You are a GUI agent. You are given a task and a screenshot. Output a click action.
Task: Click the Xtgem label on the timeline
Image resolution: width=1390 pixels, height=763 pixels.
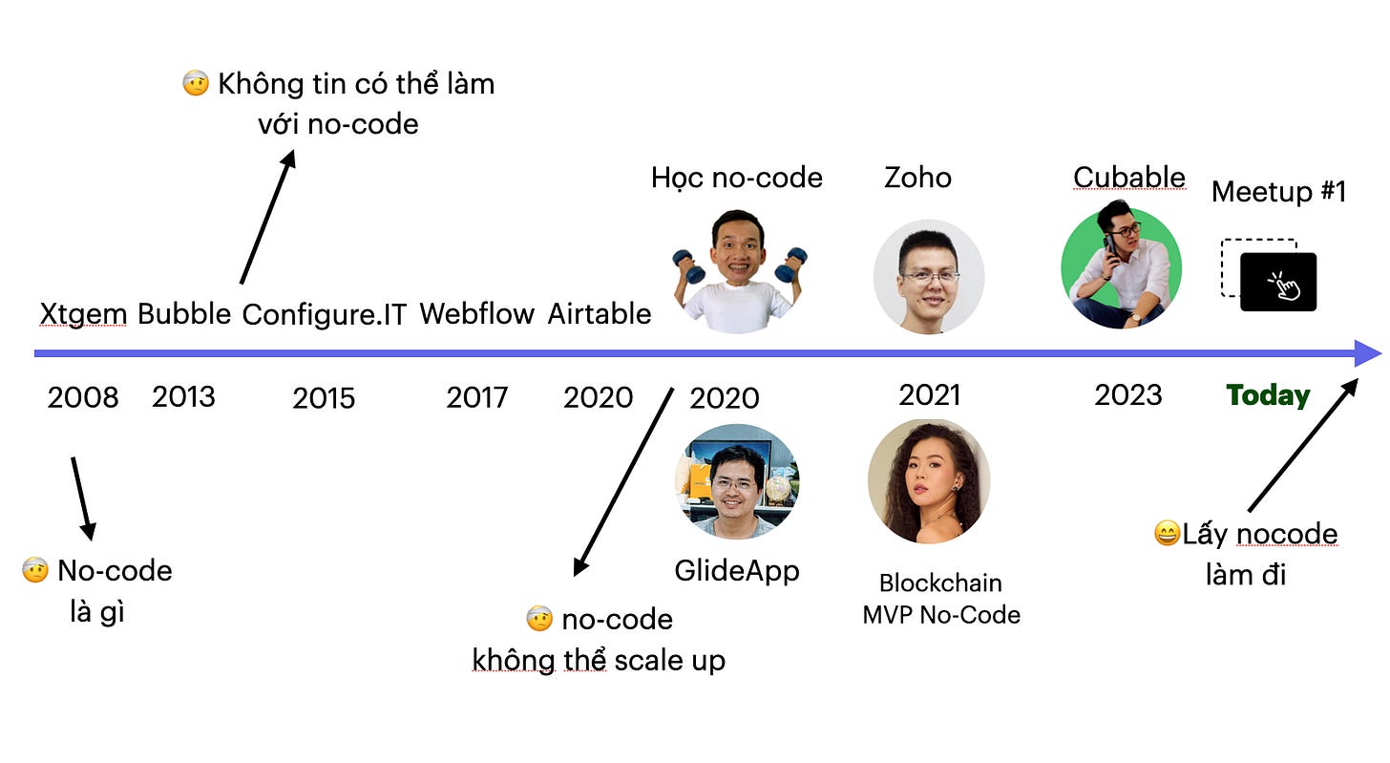point(83,313)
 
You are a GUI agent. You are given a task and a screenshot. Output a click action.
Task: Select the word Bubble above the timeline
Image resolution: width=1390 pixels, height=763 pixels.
point(184,313)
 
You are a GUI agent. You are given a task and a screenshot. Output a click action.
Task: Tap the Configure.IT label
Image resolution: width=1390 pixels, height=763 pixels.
point(325,314)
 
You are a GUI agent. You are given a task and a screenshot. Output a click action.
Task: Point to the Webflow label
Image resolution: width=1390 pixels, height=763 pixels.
point(476,313)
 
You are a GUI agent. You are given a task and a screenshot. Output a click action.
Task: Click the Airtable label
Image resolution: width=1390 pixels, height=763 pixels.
point(600,313)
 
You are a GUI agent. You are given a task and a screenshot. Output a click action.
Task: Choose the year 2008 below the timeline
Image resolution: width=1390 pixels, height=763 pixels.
point(83,397)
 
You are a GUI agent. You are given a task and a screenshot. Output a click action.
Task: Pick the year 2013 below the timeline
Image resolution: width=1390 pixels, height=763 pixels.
point(183,395)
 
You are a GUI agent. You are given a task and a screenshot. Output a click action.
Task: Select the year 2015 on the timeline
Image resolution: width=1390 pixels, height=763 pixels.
point(324,397)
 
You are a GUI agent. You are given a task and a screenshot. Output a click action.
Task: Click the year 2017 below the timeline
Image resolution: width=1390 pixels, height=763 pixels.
point(476,397)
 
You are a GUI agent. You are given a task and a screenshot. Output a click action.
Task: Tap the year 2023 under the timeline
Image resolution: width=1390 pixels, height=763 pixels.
point(1128,394)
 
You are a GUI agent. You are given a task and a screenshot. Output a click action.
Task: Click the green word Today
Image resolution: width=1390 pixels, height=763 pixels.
point(1268,394)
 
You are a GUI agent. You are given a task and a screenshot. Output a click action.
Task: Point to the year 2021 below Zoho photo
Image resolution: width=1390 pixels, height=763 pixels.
point(930,394)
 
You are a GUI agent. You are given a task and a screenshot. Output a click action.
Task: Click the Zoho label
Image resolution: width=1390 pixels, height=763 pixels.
point(917,178)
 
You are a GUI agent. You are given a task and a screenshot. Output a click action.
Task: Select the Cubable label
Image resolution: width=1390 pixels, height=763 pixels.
point(1129,178)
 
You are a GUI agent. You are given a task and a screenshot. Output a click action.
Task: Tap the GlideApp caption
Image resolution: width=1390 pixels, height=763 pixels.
point(737,570)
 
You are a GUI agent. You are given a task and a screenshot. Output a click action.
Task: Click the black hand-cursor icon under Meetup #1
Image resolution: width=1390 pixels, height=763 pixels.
point(1278,282)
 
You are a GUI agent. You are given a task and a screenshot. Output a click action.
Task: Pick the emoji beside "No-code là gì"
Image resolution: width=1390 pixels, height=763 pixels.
point(35,571)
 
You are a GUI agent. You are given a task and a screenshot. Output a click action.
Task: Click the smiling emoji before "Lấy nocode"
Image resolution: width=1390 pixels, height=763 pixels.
point(1167,534)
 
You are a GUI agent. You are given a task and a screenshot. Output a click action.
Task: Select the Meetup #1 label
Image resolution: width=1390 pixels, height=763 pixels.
point(1278,192)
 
